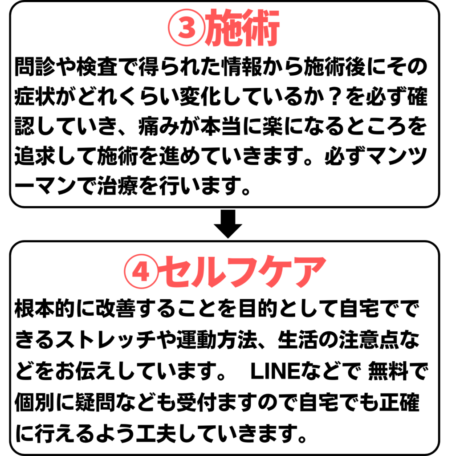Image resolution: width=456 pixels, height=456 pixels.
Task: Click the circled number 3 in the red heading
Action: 187,28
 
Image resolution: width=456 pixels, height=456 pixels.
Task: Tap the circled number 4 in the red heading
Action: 141,271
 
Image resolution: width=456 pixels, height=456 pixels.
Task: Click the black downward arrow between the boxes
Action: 228,224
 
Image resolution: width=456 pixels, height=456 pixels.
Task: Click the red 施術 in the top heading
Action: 242,28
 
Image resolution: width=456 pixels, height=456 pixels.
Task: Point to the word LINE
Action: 275,371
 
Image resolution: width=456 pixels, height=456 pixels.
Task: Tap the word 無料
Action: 388,371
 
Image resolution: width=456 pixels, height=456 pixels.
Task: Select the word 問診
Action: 35,66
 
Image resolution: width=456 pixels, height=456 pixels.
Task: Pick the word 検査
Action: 97,66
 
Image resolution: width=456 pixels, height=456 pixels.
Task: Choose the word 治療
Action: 118,186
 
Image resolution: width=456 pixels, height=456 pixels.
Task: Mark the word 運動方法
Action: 217,340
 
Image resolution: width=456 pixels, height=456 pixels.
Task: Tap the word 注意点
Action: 369,340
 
